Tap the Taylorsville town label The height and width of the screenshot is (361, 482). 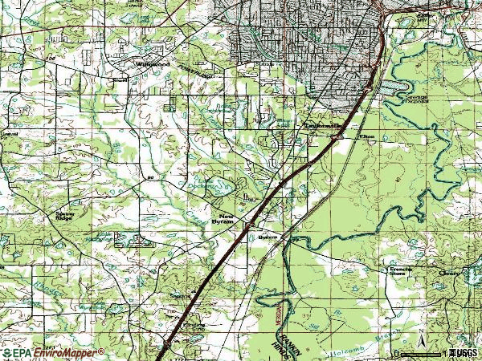[316, 126]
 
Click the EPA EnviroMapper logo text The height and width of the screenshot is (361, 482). [53, 353]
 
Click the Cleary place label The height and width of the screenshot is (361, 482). [450, 273]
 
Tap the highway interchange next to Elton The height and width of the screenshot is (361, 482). [334, 139]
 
